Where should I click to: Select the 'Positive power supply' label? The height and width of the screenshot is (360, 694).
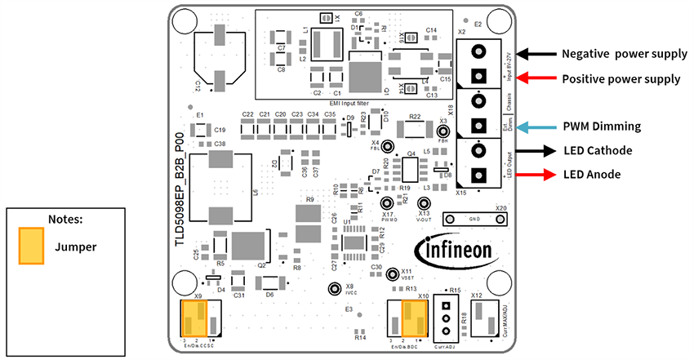click(621, 79)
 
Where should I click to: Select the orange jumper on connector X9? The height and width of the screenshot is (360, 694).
click(196, 318)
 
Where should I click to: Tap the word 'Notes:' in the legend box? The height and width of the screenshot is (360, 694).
click(66, 219)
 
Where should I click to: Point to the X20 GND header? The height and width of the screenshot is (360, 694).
click(474, 219)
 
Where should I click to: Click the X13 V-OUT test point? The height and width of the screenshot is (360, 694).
click(423, 203)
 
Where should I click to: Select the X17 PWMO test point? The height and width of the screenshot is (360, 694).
click(388, 203)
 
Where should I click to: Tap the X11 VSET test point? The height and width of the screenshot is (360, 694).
click(392, 273)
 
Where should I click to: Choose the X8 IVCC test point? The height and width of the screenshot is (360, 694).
click(333, 289)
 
